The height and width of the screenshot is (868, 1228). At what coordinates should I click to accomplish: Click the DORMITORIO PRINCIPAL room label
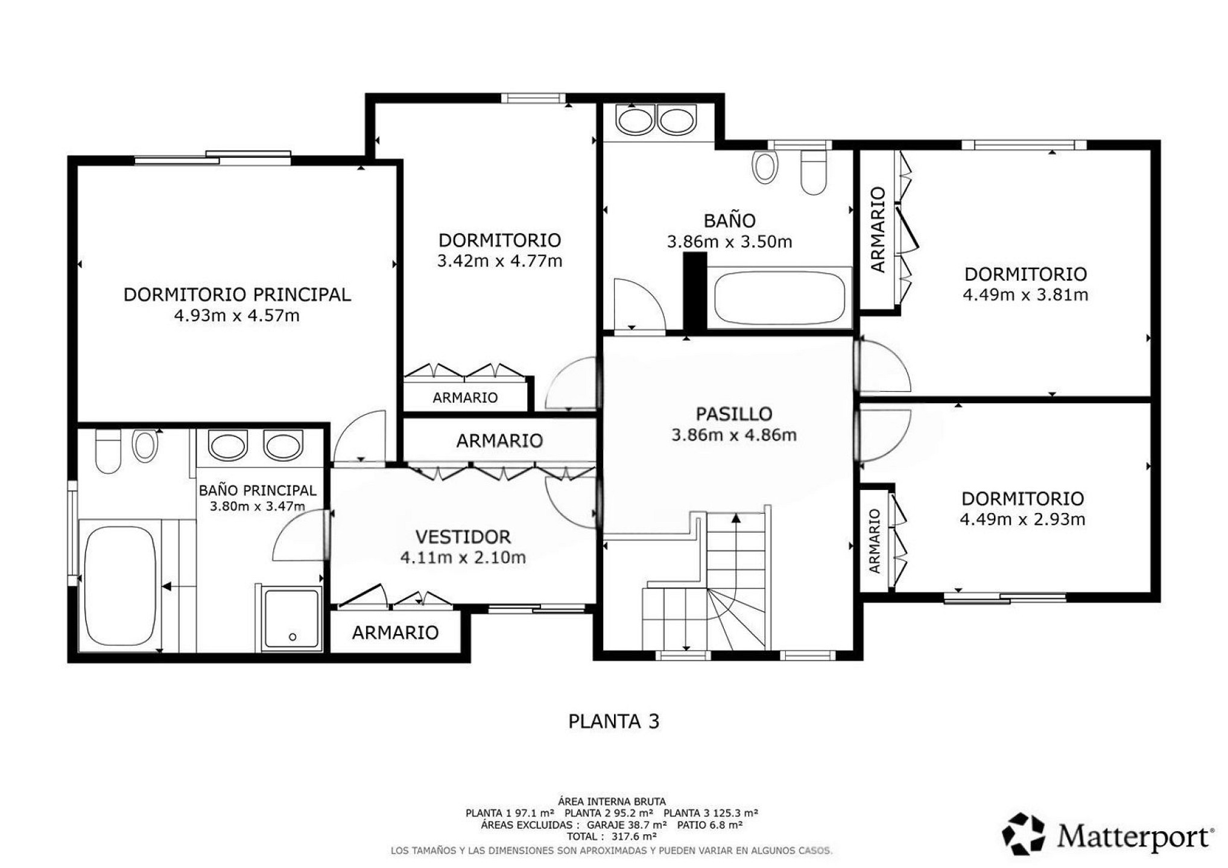[237, 295]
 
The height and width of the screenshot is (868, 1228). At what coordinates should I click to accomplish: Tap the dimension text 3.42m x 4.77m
[499, 261]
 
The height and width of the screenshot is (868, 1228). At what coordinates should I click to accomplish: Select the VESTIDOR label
[463, 536]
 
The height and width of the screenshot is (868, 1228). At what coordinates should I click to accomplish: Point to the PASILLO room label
[734, 414]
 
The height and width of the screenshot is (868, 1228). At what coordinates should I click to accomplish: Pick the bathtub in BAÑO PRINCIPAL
[121, 587]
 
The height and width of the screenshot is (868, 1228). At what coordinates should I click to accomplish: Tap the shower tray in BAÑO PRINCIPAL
[293, 618]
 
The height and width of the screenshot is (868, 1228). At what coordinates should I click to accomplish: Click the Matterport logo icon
[1024, 834]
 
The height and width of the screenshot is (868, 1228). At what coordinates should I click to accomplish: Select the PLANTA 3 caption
[614, 722]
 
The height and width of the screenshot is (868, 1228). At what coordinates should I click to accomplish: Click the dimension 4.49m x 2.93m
[1022, 520]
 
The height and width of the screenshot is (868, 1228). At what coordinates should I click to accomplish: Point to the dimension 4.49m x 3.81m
[1025, 295]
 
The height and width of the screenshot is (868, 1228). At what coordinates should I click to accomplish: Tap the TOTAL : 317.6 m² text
[612, 837]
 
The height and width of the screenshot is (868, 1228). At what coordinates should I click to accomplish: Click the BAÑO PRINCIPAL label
[258, 491]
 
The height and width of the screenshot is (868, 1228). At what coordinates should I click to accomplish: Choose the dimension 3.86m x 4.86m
[734, 435]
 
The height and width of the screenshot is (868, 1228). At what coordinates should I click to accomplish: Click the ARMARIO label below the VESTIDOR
[395, 632]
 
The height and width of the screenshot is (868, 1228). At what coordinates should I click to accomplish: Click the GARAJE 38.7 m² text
[627, 825]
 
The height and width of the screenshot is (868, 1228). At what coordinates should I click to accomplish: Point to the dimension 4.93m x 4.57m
[237, 316]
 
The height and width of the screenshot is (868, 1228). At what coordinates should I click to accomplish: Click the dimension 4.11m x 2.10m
[463, 558]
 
